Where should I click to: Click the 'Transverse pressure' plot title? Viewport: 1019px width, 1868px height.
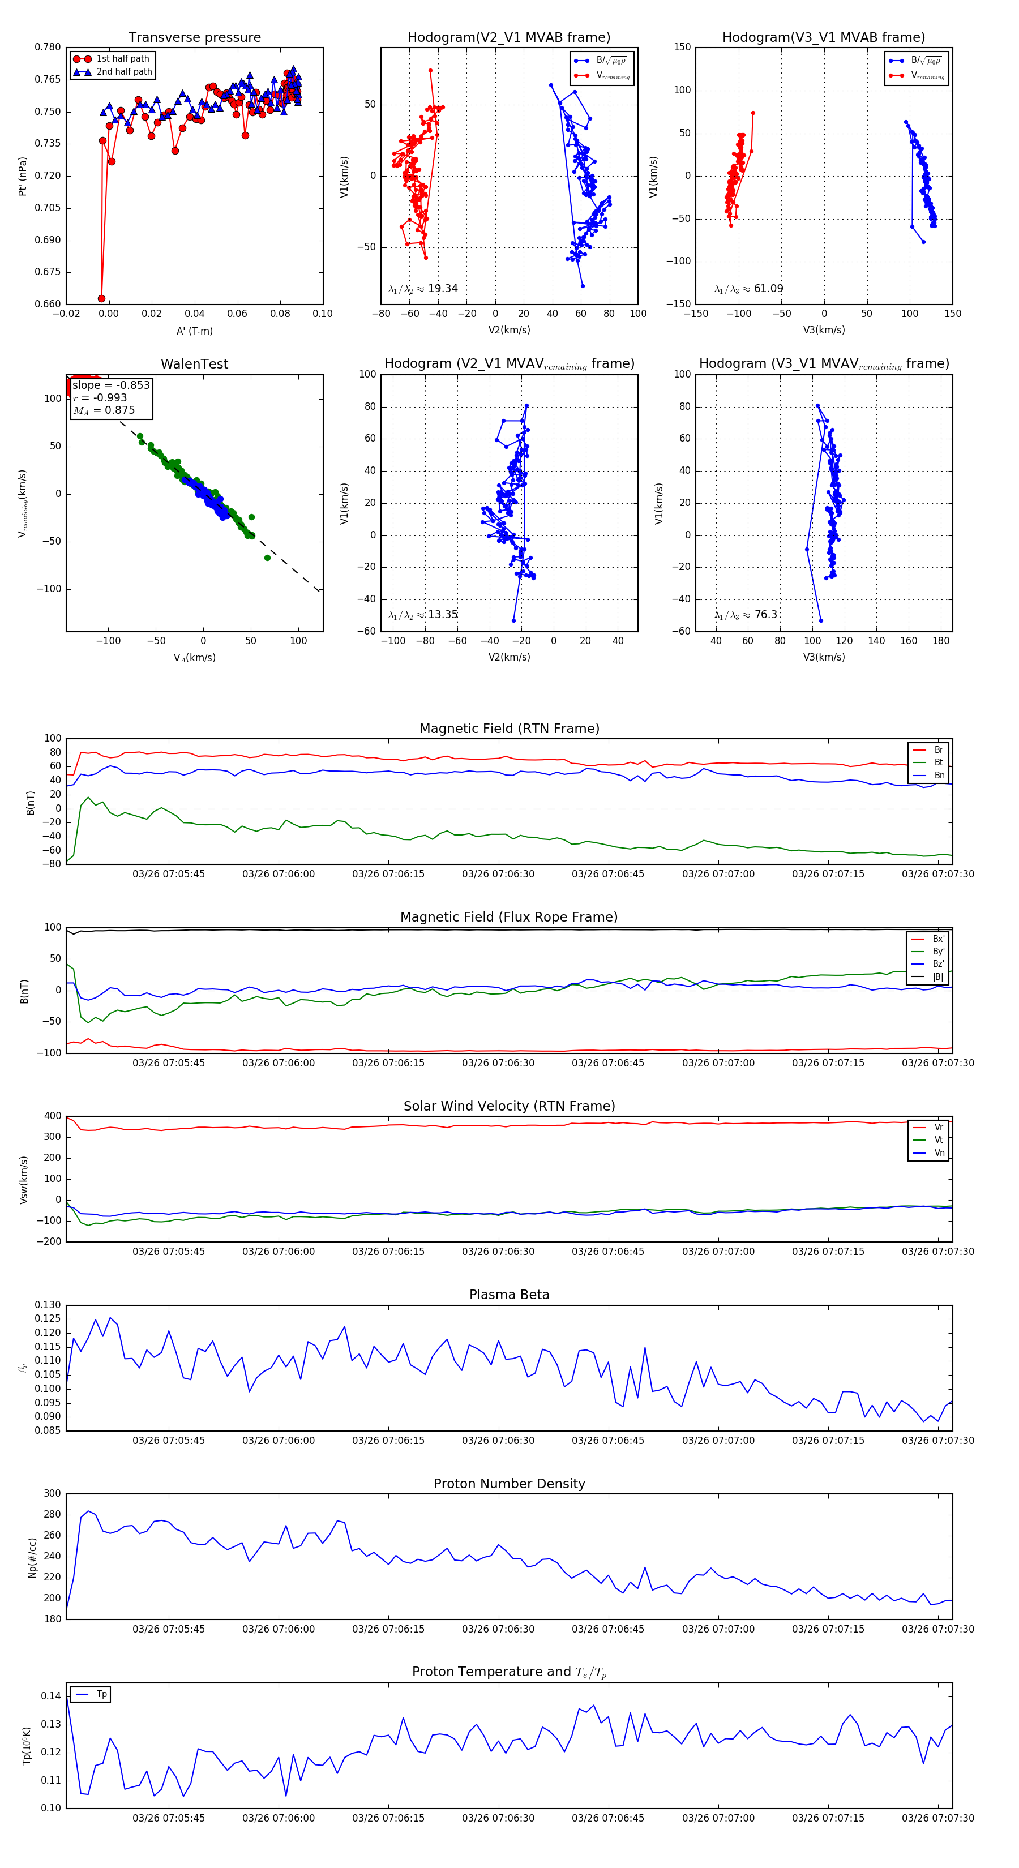(194, 38)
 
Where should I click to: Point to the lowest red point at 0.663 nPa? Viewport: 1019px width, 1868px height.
(101, 298)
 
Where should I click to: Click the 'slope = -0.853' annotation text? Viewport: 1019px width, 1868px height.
(111, 385)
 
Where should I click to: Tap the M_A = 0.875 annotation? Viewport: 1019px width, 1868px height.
(104, 410)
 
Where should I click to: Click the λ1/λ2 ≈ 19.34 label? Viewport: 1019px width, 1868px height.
(423, 289)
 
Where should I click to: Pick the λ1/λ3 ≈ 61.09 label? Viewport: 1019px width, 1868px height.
(748, 289)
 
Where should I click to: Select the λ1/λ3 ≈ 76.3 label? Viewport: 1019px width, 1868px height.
(746, 615)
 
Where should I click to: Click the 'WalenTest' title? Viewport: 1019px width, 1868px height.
(194, 364)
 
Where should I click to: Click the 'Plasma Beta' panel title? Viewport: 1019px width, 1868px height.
(509, 1295)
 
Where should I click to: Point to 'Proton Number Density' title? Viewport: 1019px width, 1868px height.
(509, 1484)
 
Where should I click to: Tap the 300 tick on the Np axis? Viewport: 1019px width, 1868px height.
(52, 1494)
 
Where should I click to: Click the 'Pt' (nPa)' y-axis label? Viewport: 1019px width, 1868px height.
(23, 176)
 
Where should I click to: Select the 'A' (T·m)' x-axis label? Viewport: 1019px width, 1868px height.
(194, 331)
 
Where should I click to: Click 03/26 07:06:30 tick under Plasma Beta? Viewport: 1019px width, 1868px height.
(498, 1441)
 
